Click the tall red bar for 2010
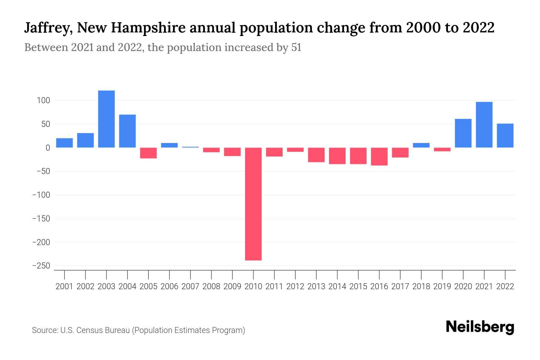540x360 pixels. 253,204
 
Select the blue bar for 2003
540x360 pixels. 106,119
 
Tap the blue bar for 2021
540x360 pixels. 484,125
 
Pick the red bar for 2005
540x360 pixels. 148,153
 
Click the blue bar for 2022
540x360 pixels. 505,136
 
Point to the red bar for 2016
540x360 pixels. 379,156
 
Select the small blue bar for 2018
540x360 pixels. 421,145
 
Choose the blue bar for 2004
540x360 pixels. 127,131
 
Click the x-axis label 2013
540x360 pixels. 316,286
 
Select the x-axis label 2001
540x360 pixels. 64,286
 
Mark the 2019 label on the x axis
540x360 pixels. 442,286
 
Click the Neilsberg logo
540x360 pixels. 480,327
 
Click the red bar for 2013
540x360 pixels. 316,155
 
